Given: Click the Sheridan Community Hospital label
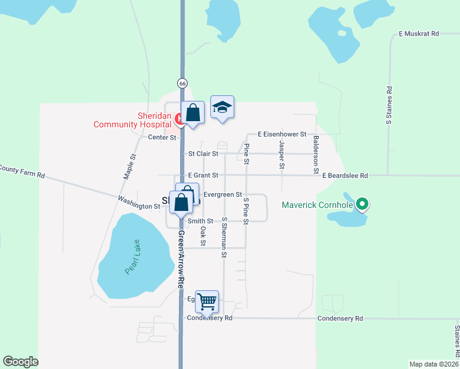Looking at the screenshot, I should (132, 120).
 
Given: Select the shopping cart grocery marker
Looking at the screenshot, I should (207, 301).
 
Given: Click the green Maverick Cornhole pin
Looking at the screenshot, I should (362, 205).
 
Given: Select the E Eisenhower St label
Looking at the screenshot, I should (282, 133).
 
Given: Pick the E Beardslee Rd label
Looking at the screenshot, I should (345, 175).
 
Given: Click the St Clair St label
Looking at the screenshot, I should (204, 154).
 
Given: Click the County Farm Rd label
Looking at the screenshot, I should (23, 172).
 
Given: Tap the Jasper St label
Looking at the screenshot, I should (282, 154).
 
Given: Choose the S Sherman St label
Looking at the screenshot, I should (224, 237).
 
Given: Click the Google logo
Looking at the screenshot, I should (20, 362).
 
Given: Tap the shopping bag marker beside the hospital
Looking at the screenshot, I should (193, 113).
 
